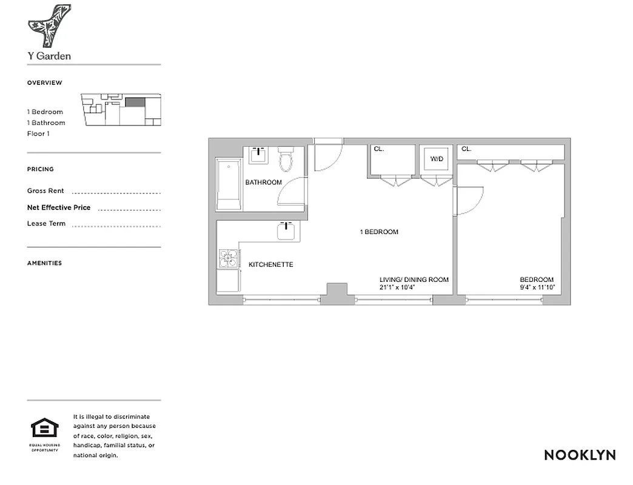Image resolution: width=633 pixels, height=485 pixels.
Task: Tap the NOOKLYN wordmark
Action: pos(580,455)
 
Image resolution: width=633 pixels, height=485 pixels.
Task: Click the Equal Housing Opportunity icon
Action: pos(45,430)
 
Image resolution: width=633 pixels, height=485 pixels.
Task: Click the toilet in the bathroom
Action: pos(286,160)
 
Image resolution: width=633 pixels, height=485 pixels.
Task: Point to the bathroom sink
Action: pos(259,155)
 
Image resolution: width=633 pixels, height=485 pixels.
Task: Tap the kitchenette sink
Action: pos(286,231)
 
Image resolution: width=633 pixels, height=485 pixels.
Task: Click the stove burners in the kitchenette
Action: pos(229,259)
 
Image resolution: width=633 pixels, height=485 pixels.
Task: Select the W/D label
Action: pos(437,159)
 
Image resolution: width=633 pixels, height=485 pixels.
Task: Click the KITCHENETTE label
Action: pos(271,265)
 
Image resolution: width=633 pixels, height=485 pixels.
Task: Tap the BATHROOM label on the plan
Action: pos(263,182)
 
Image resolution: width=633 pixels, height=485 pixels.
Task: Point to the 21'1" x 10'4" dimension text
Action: pos(414,287)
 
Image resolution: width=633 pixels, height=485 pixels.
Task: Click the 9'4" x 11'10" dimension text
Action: pos(537,287)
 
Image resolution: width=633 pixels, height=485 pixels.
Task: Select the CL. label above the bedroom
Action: pos(466,149)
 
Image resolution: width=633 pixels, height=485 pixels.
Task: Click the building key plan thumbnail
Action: pos(121,110)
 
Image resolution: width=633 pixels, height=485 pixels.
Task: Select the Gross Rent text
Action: pos(45,191)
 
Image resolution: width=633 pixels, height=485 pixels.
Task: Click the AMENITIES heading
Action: pos(44,263)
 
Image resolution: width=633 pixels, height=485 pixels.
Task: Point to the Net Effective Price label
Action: pos(59,207)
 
